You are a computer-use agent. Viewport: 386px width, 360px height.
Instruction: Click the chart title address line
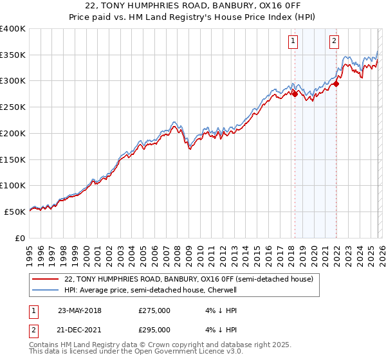192,6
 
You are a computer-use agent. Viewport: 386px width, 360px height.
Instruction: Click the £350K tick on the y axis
13,55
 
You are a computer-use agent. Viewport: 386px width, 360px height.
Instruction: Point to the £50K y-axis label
15,212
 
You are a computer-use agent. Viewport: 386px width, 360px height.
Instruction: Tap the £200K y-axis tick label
13,133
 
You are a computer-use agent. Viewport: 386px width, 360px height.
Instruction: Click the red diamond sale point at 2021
336,83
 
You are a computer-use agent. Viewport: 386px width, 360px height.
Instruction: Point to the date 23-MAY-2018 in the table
80,310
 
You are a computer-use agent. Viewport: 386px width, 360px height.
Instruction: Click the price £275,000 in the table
154,310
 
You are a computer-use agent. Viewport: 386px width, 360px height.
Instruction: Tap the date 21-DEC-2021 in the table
80,330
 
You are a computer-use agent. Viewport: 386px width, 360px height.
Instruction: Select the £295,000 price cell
154,330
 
